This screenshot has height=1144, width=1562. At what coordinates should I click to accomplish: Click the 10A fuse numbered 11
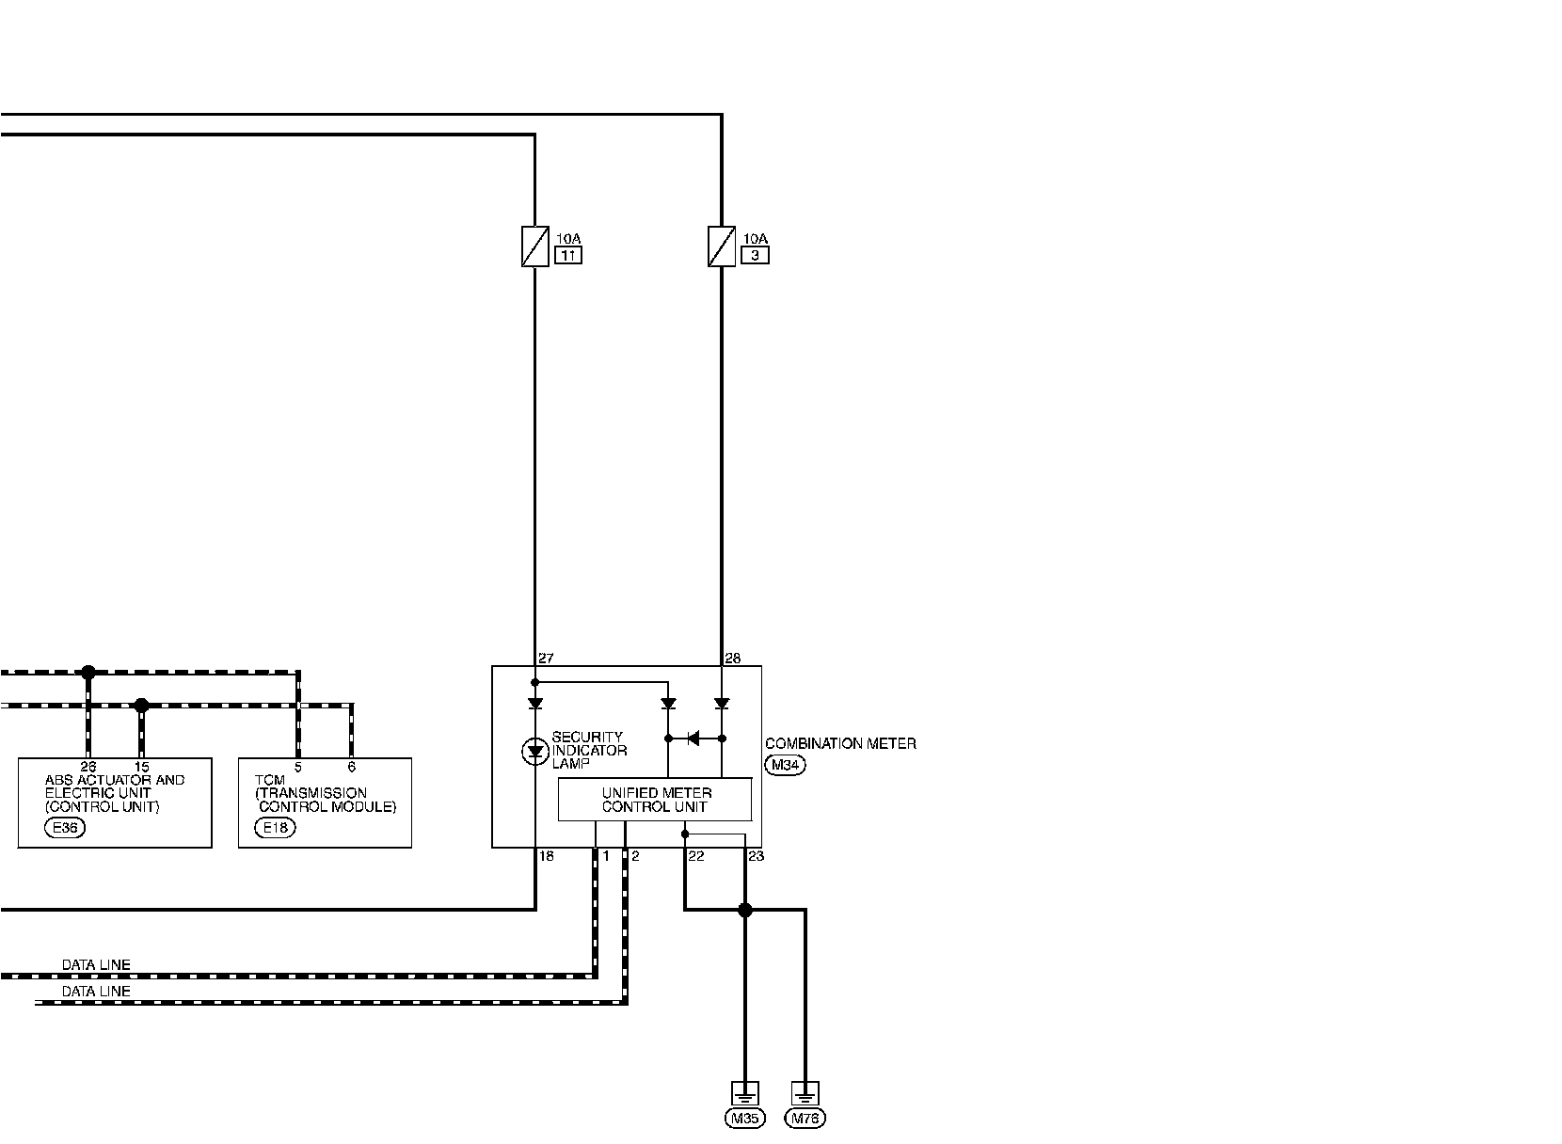[x=534, y=246]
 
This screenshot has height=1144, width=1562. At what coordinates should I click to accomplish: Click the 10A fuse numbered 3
[x=722, y=246]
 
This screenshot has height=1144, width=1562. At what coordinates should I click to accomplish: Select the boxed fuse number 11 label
[x=568, y=255]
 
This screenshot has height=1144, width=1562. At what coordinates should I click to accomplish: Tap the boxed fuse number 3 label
[x=755, y=255]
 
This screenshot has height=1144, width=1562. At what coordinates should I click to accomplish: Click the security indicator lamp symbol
[x=534, y=751]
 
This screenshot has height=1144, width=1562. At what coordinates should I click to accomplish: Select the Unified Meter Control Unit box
[x=655, y=800]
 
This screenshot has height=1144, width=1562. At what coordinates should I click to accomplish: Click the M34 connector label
[x=785, y=766]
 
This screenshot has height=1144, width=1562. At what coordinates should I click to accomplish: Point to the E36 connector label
[x=65, y=828]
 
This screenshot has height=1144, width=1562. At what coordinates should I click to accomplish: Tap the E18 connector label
[x=275, y=828]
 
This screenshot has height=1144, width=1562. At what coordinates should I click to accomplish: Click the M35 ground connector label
[x=744, y=1119]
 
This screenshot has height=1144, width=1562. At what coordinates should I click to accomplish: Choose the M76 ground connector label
[x=805, y=1119]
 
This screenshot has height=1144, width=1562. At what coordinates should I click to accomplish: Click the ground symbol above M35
[x=744, y=1093]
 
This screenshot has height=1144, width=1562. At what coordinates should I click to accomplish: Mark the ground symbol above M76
[x=805, y=1093]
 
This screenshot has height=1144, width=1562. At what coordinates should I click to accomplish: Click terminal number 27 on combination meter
[x=546, y=659]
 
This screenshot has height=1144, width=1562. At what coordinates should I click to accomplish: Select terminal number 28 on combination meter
[x=733, y=659]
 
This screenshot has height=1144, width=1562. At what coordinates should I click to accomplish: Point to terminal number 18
[x=546, y=856]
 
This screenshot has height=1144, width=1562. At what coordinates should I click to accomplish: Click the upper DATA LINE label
[x=96, y=965]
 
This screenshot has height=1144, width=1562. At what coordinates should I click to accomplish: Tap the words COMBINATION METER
[x=840, y=744]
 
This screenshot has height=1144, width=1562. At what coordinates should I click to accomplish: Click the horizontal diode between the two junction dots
[x=693, y=739]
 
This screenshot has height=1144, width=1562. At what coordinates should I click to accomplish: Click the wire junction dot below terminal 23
[x=745, y=910]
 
